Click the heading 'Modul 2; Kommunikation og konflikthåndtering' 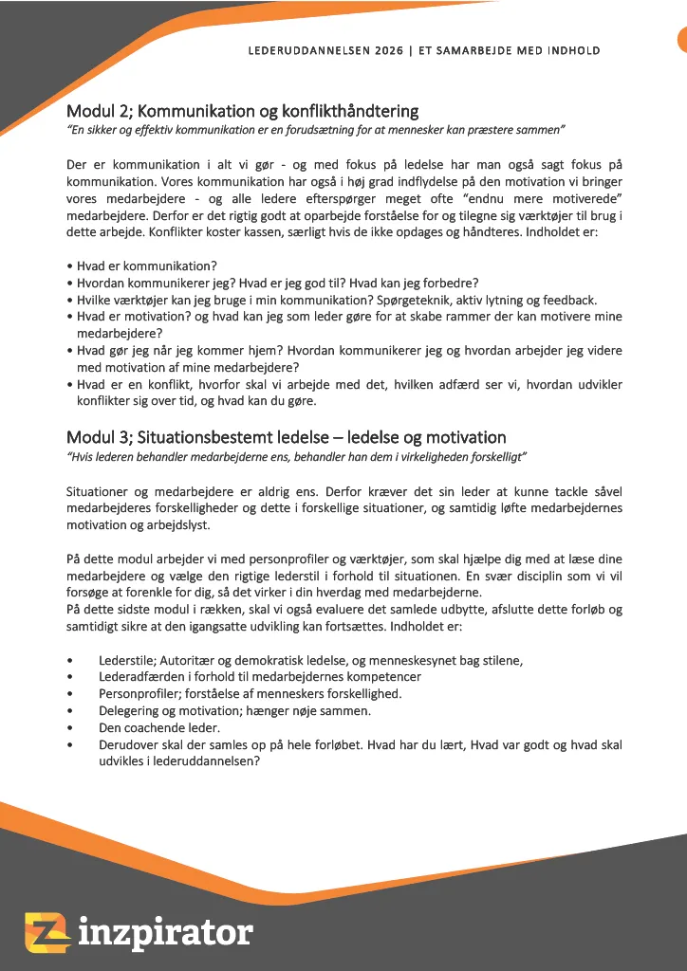click(242, 112)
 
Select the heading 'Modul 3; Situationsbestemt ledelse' click(286, 437)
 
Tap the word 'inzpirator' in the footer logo click(165, 932)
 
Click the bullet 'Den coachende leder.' click(159, 727)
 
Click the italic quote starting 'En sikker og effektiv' click(316, 129)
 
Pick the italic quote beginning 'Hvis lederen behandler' click(296, 456)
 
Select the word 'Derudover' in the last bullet click(129, 745)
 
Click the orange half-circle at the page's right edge click(681, 40)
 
